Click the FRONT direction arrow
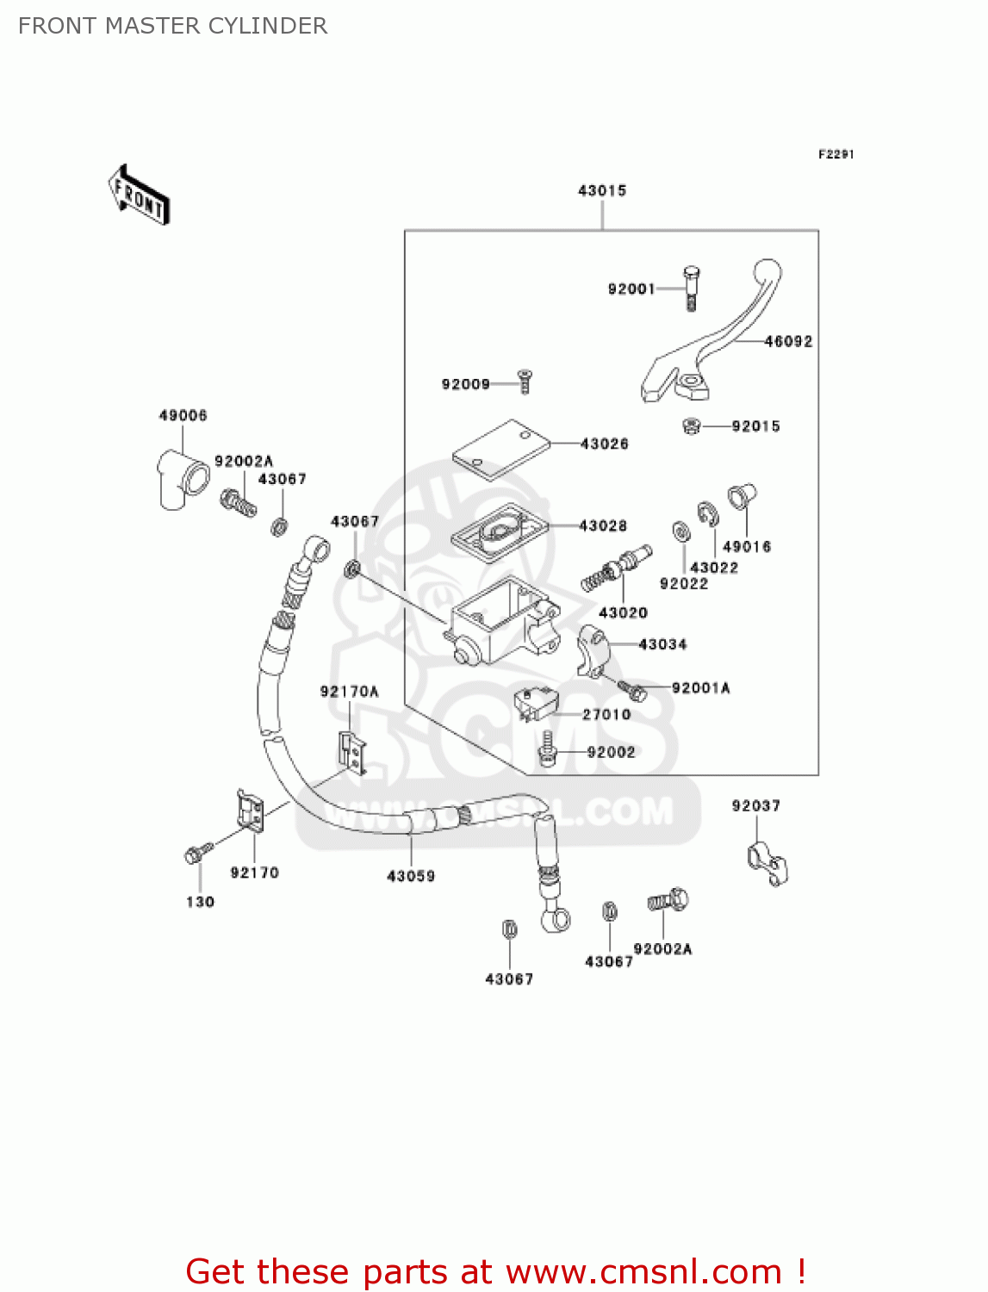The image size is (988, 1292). pos(139,196)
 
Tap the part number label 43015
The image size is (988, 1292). pos(602,190)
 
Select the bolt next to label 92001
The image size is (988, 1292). pos(692,288)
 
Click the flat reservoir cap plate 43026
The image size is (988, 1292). pos(501,449)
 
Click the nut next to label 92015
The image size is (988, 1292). pos(691,425)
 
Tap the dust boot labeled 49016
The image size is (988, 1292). pos(741,497)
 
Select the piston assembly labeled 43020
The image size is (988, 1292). pos(617,568)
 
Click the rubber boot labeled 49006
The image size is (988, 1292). pos(182,479)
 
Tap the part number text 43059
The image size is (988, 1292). pos(411,876)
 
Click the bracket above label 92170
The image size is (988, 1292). pos(251,811)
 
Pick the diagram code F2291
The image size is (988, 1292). pos(836,154)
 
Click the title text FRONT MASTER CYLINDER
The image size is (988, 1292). pos(172,26)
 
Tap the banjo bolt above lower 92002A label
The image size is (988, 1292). pos(668,901)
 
